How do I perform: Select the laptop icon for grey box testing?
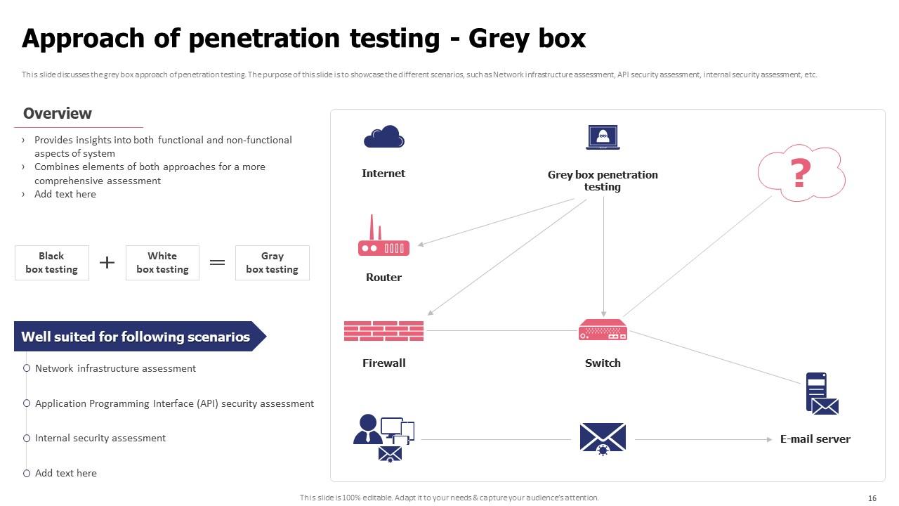pyautogui.click(x=603, y=137)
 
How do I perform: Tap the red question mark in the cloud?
pyautogui.click(x=801, y=173)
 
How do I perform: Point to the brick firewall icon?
pyautogui.click(x=383, y=331)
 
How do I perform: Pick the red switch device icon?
pyautogui.click(x=603, y=330)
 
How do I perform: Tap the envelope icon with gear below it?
pyautogui.click(x=603, y=439)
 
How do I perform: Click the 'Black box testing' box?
pyautogui.click(x=51, y=263)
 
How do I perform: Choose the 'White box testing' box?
pyautogui.click(x=162, y=263)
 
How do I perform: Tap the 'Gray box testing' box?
pyautogui.click(x=272, y=263)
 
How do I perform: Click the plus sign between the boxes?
pyautogui.click(x=107, y=263)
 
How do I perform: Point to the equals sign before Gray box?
pyautogui.click(x=218, y=263)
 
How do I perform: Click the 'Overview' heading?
pyautogui.click(x=58, y=114)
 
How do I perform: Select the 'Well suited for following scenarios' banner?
pyautogui.click(x=136, y=337)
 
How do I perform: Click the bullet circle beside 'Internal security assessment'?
pyautogui.click(x=27, y=438)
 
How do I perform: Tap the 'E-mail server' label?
pyautogui.click(x=815, y=439)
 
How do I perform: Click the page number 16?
pyautogui.click(x=872, y=498)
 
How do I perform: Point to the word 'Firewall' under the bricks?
pyautogui.click(x=383, y=363)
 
